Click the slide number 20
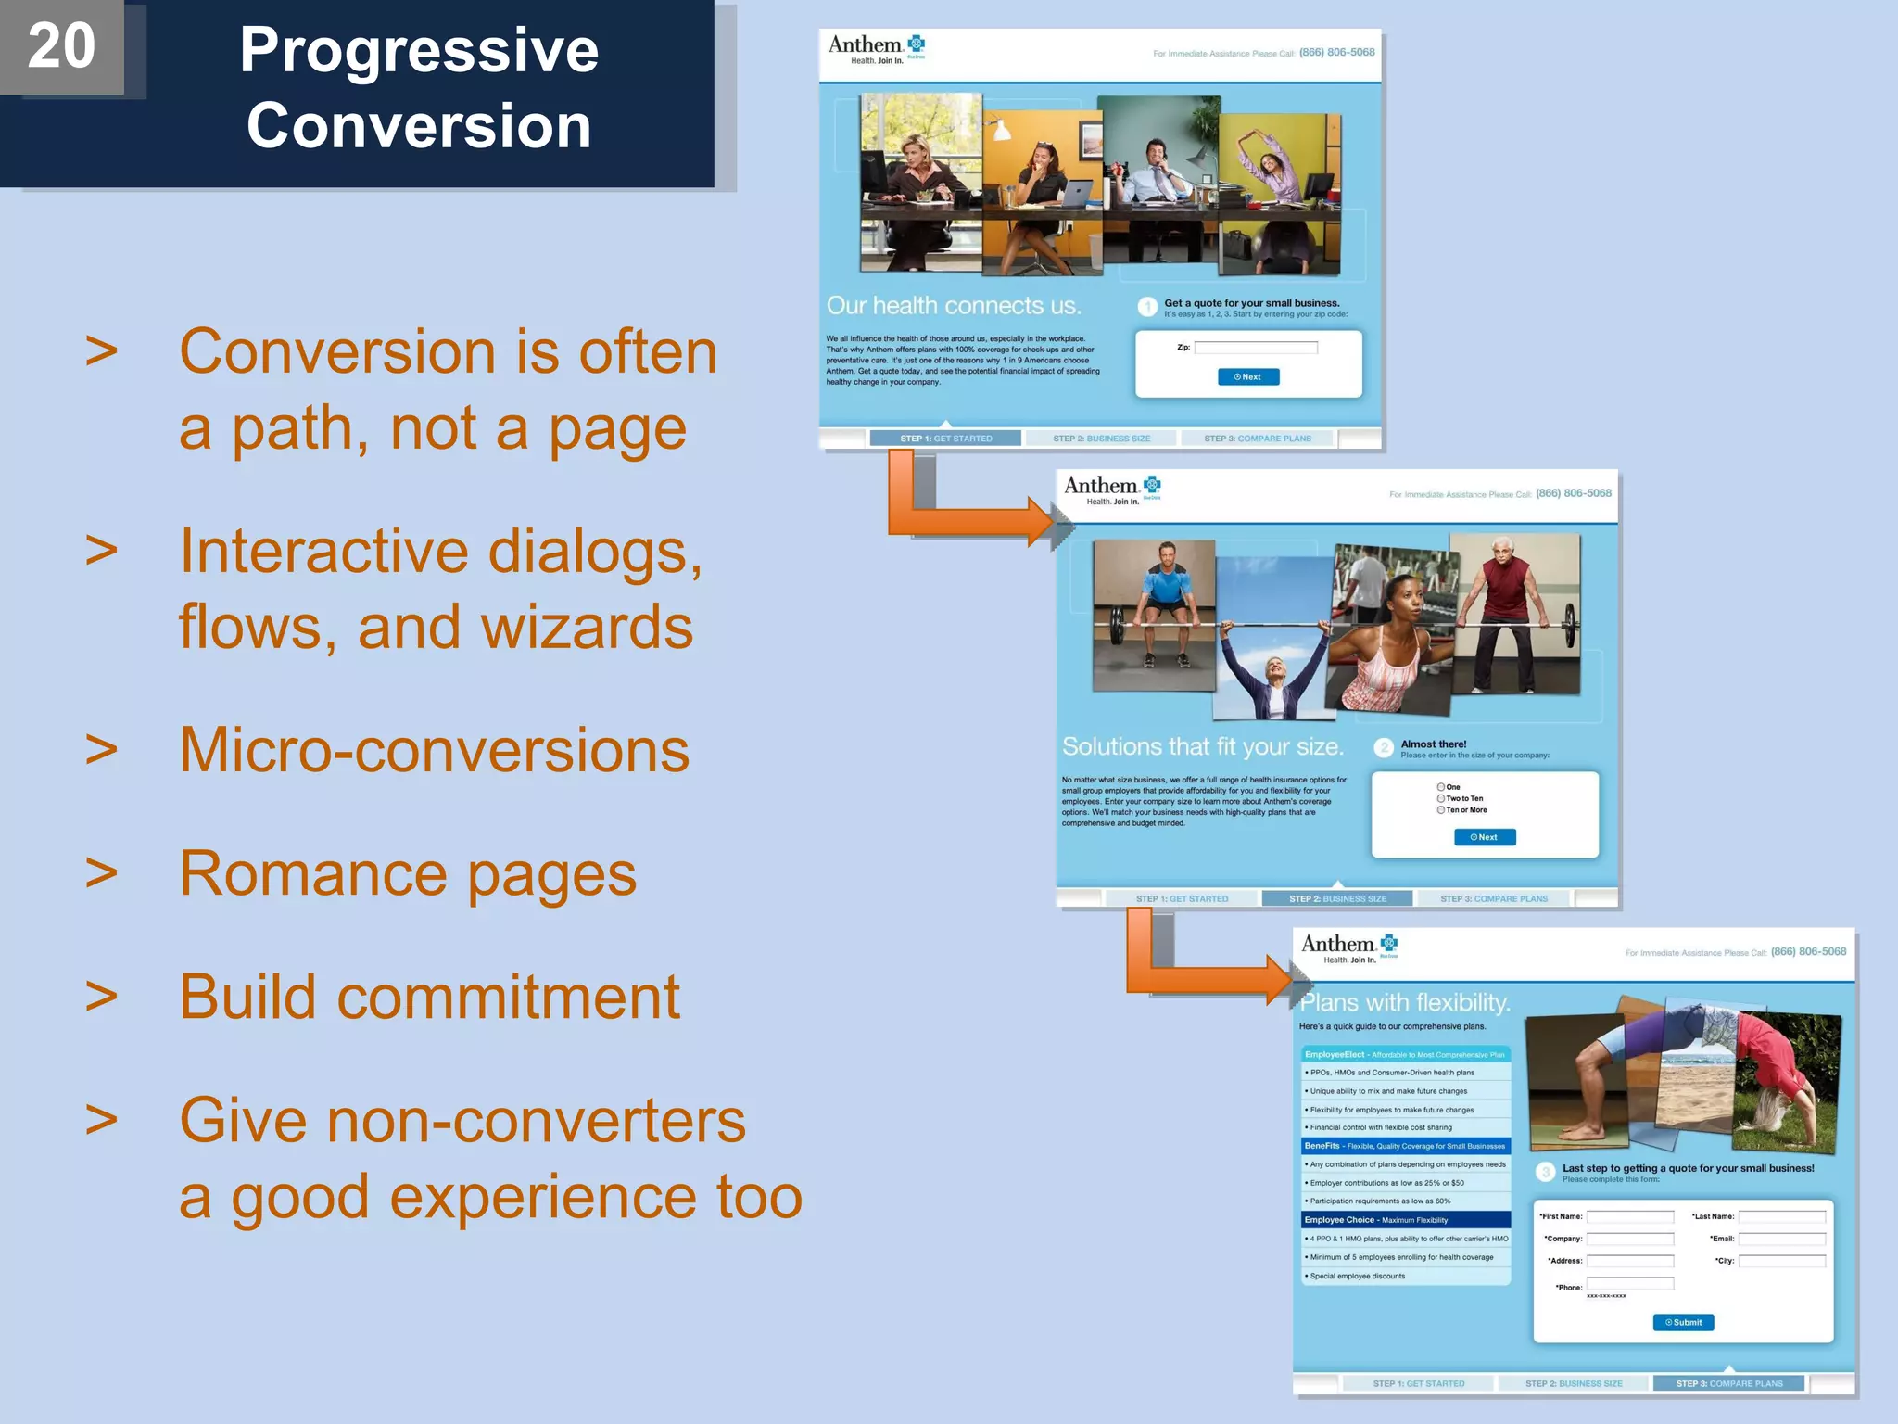tap(61, 46)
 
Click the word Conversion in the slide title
tap(419, 126)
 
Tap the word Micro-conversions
tap(434, 750)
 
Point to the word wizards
tap(586, 627)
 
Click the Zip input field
tap(1256, 348)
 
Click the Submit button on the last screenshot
tap(1683, 1322)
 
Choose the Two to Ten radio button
tap(1441, 798)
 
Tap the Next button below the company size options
tap(1485, 837)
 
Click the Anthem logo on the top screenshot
tap(876, 48)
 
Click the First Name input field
tap(1630, 1216)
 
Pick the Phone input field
tap(1630, 1283)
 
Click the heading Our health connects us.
tap(954, 306)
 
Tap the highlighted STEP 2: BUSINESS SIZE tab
tap(1336, 898)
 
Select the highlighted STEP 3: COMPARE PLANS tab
tap(1728, 1383)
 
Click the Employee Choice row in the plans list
tap(1406, 1220)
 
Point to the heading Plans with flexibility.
tap(1405, 1003)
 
